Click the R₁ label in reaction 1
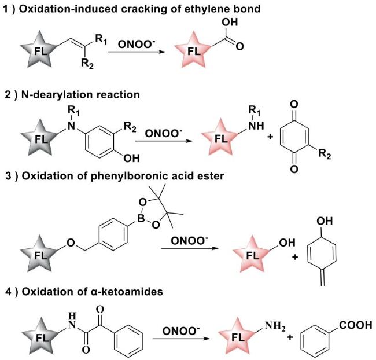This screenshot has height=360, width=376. click(x=102, y=40)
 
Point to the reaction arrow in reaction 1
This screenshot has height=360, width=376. click(x=139, y=52)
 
